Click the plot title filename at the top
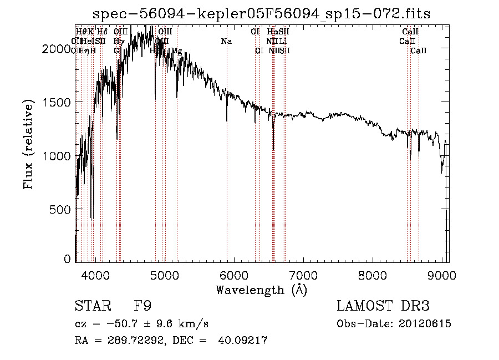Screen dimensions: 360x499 click(261, 13)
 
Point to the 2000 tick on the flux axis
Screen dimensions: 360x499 click(57, 49)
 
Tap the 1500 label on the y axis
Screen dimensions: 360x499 click(57, 103)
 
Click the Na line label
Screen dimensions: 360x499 click(226, 41)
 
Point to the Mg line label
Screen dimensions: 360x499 click(176, 50)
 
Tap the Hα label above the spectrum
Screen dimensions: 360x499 click(272, 32)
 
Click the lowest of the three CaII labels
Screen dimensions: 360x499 click(419, 50)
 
